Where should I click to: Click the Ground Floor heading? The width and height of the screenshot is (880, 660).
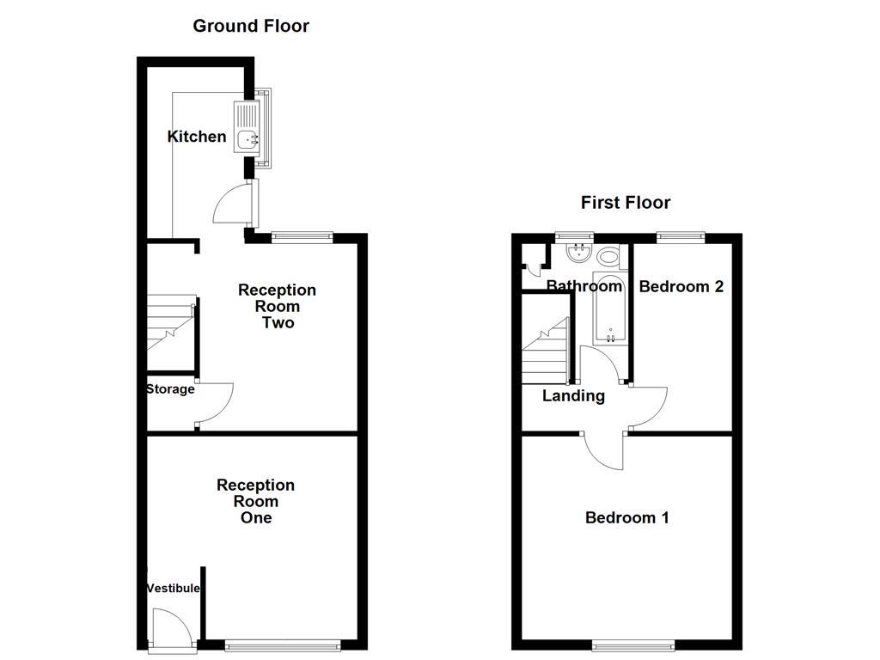pos(251,26)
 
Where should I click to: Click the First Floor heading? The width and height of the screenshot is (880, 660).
pos(626,203)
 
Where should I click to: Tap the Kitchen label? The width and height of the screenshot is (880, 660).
pos(197,137)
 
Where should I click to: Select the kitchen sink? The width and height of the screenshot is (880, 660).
pos(247,127)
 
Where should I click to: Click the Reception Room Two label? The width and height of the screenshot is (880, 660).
pos(278,307)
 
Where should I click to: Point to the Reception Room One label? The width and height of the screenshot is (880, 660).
pos(255,501)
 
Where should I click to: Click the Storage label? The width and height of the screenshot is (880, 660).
pos(171,389)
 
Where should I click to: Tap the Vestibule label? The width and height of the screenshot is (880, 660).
pos(173,588)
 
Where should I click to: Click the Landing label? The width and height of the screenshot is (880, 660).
pos(573,396)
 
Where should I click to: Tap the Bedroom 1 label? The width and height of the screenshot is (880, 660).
pos(626,517)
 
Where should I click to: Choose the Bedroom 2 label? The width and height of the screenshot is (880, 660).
pos(681,287)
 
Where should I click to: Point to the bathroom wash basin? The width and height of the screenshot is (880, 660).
pos(578,254)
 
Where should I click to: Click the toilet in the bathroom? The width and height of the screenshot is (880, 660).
pos(608,257)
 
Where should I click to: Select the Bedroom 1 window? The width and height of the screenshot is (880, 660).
pos(633,646)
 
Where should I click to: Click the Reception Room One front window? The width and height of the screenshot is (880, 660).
pos(283,646)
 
